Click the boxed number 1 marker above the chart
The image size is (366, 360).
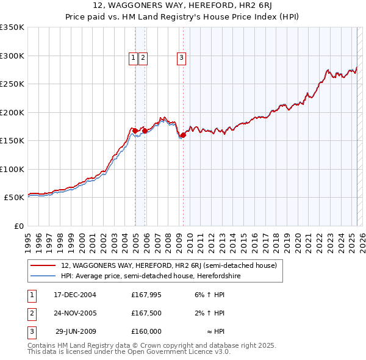coord(133,58)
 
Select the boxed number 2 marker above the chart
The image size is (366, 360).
coord(143,58)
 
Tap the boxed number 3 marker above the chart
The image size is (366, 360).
coord(182,58)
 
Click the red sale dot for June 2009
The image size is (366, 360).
coord(183,135)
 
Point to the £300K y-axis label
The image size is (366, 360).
coord(12,56)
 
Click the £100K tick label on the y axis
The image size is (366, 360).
coord(12,169)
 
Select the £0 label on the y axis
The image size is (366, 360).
coord(18,226)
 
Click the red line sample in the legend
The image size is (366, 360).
coord(42,265)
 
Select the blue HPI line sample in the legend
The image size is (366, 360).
coord(42,276)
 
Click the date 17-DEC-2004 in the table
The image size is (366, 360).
coord(75,295)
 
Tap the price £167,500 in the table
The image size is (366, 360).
coord(146,313)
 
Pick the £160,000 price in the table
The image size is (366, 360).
coord(146,331)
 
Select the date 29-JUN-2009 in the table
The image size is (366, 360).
coord(76,331)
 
